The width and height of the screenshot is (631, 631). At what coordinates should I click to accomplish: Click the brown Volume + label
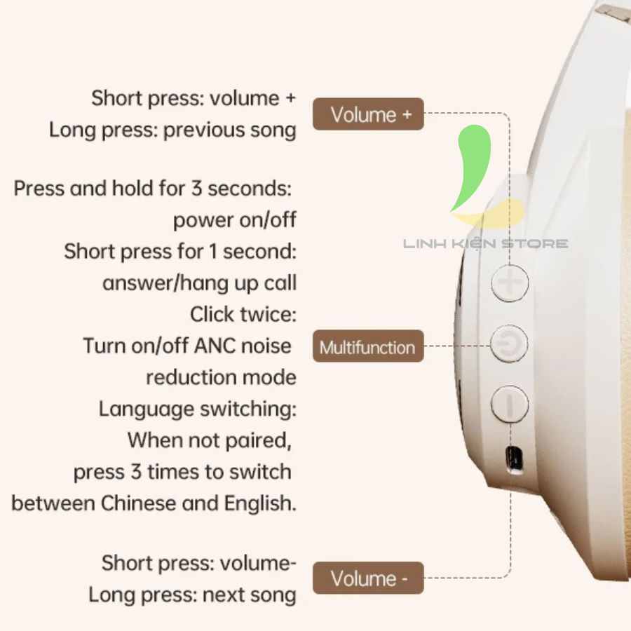point(368,114)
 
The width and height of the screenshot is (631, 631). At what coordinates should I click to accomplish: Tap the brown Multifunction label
point(368,346)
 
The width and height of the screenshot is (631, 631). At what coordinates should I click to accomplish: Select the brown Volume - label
point(368,578)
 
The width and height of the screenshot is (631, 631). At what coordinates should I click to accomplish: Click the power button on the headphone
point(509,344)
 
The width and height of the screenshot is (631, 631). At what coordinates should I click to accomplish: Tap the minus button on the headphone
point(510,404)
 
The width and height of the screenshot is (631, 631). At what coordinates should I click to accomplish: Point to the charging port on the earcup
point(514,459)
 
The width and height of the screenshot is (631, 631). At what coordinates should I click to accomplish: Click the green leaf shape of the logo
point(471,167)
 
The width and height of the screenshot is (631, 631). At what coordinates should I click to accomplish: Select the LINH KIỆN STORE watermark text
point(485,243)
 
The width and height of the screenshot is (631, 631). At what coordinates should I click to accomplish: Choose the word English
point(260,504)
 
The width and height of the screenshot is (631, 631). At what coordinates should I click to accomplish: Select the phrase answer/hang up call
point(200,283)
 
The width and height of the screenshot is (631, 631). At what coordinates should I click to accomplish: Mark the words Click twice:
point(243,314)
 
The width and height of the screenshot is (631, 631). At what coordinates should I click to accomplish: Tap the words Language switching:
point(198,409)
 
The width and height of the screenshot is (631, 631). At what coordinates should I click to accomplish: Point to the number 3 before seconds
point(196,189)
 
